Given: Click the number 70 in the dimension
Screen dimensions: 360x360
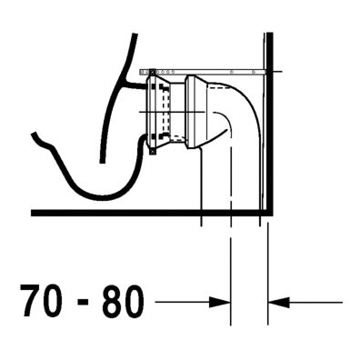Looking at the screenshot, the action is [41, 296].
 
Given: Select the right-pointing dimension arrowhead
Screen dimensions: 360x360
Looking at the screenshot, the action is [220, 302].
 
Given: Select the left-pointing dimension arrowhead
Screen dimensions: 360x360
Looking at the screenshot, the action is [279, 302].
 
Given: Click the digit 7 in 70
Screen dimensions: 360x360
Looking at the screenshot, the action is [30, 296].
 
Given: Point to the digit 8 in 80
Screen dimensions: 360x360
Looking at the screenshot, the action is [112, 296].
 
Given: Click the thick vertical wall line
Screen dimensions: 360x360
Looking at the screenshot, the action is [270, 123].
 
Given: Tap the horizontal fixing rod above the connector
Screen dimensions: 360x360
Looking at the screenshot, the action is [203, 72].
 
